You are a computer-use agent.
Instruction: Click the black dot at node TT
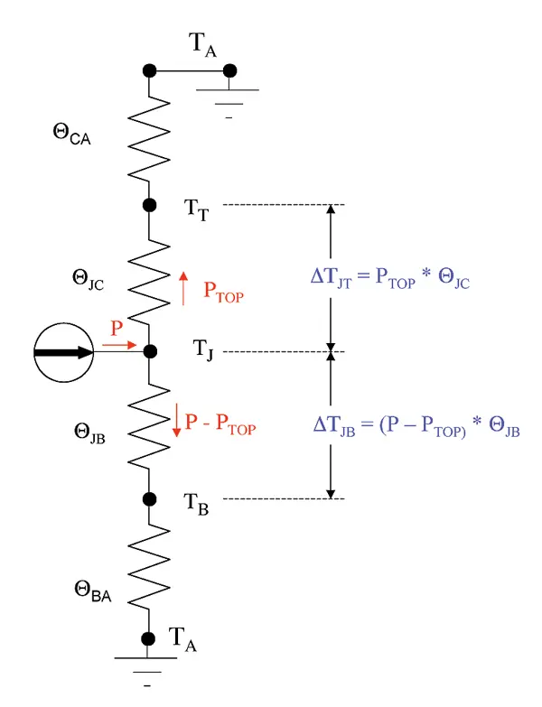coord(149,205)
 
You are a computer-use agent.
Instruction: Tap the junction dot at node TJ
coord(149,350)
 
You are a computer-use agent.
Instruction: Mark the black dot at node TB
coord(149,498)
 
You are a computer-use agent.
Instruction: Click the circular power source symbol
coord(65,352)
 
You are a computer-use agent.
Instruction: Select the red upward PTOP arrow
coord(184,288)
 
